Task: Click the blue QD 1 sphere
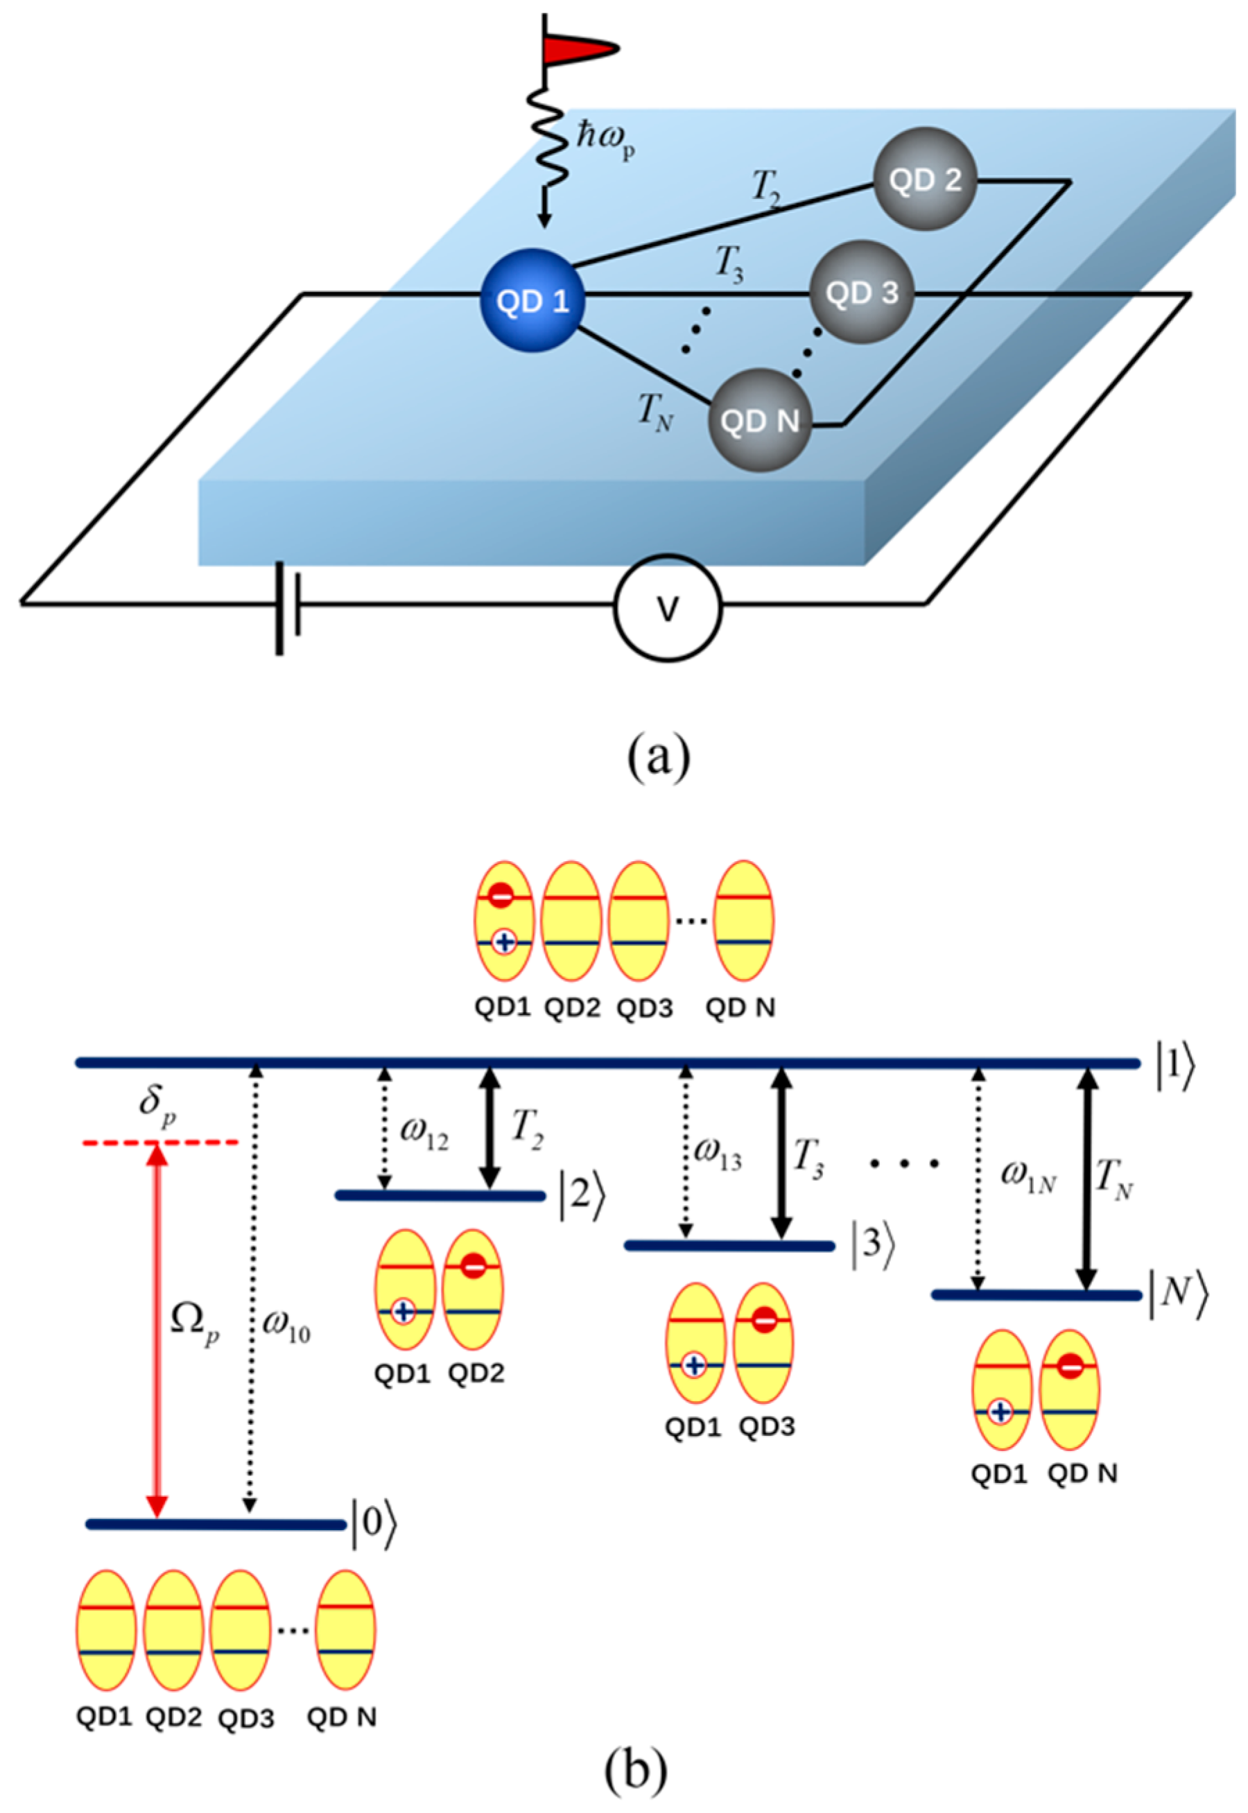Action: [x=532, y=300]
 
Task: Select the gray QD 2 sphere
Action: [x=925, y=179]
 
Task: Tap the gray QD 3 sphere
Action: [x=861, y=293]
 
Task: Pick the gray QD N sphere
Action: [x=759, y=420]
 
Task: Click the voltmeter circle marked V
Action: [x=667, y=609]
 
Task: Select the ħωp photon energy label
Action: [x=605, y=140]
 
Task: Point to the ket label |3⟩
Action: [x=870, y=1244]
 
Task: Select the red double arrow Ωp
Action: [x=158, y=1329]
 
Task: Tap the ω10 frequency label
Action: [x=286, y=1329]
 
